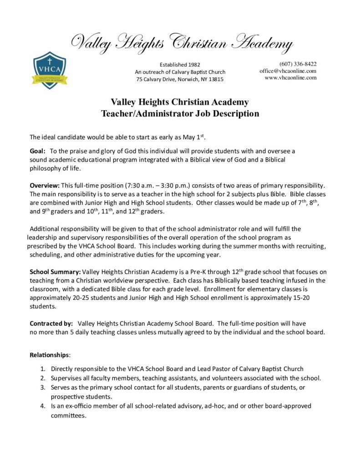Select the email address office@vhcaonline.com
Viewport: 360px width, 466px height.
288,71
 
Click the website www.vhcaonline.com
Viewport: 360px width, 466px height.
290,78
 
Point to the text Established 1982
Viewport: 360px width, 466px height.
180,65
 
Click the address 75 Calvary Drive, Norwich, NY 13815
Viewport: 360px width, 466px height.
180,80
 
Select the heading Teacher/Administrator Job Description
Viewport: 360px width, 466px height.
180,114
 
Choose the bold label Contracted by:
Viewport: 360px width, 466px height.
51,324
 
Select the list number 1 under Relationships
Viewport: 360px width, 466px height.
42,369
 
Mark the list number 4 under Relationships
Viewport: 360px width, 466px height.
42,406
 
